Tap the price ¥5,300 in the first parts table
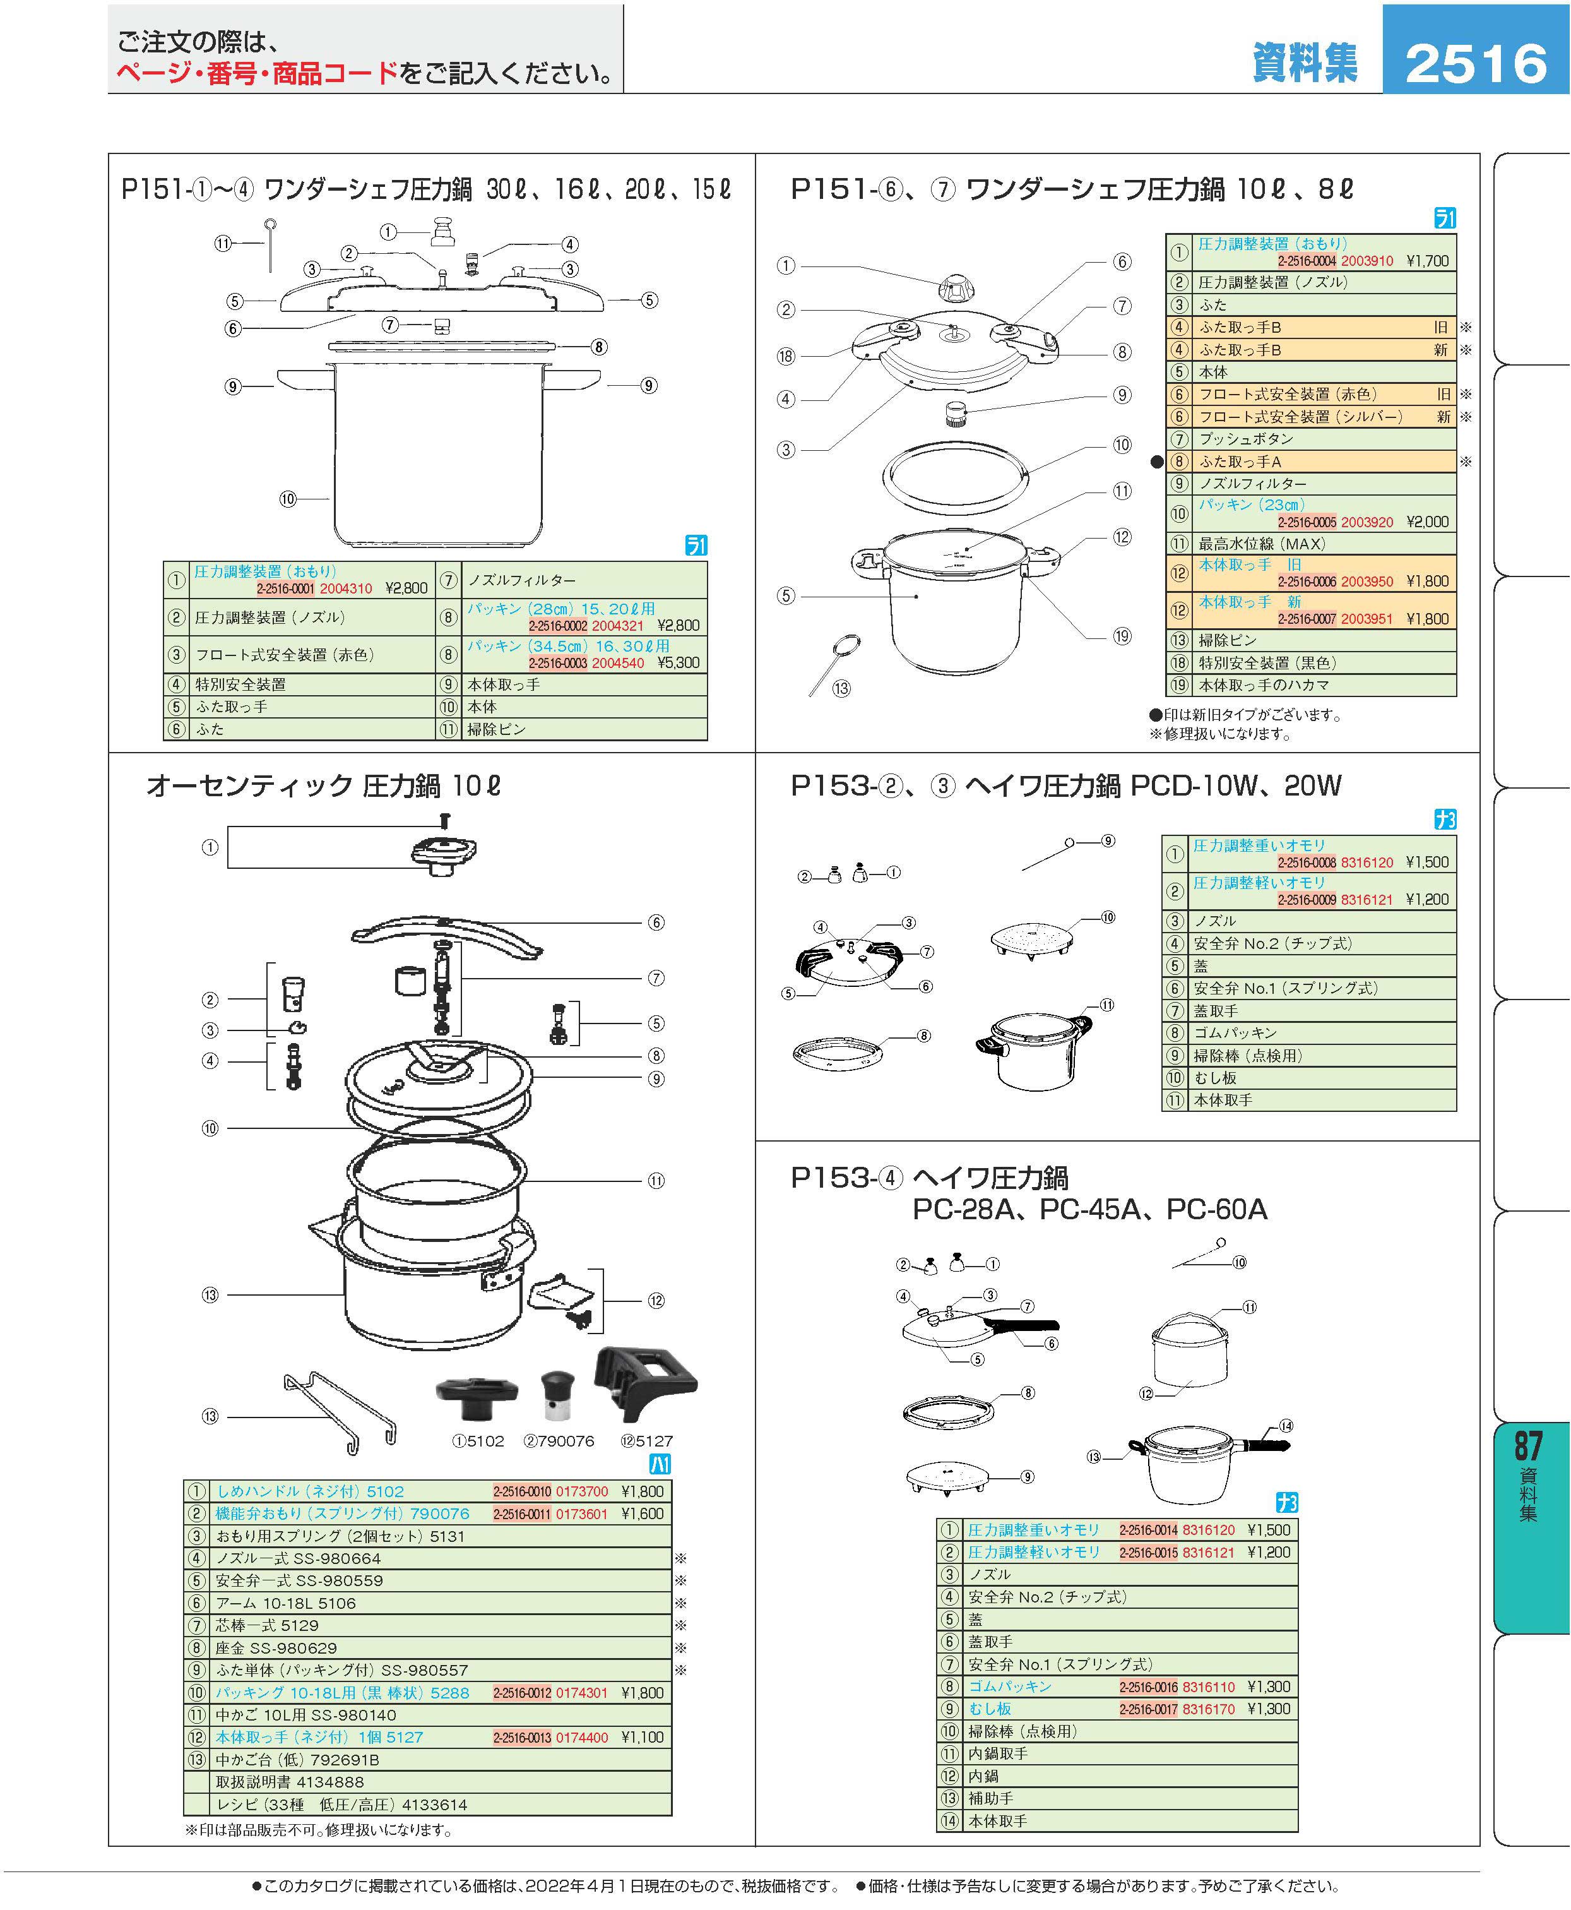point(678,662)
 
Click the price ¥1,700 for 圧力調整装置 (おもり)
point(1427,261)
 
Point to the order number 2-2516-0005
point(1306,522)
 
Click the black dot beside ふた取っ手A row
point(1156,462)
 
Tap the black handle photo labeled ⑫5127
point(645,1384)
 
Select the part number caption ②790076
point(559,1441)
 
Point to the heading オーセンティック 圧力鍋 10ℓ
point(323,785)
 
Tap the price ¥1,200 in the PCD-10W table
point(1427,899)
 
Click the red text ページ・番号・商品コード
point(257,73)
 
